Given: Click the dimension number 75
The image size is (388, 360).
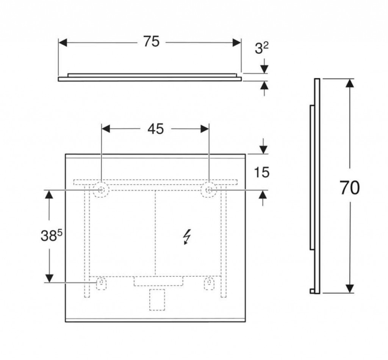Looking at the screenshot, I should [151, 42].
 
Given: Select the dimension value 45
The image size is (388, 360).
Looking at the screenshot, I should [155, 129].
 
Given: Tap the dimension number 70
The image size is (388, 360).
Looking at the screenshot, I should [349, 188].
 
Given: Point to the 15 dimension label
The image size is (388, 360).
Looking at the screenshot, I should [261, 173].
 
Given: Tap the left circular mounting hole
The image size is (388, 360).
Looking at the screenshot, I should [101, 189].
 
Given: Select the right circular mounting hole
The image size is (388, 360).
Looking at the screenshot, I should [209, 189].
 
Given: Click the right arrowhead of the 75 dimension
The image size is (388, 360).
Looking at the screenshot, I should [237, 42].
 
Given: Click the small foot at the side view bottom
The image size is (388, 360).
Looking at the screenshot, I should [312, 291].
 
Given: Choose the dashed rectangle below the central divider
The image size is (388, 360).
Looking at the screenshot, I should [158, 281].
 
